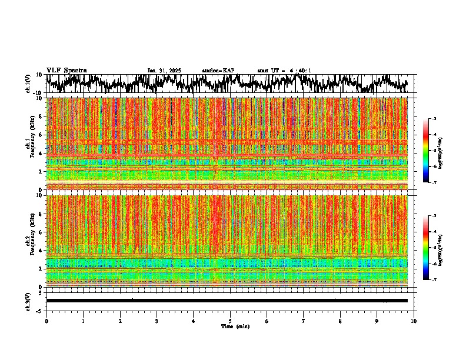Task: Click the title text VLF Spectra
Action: pos(66,70)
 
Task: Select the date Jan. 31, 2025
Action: pos(164,71)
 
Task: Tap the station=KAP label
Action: pos(218,71)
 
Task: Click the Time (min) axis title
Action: pos(235,326)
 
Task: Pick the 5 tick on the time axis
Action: pos(230,321)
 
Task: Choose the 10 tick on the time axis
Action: pos(414,321)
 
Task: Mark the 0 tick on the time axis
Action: pos(46,321)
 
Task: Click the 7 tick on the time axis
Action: pos(304,321)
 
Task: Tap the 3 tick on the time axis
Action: pos(157,321)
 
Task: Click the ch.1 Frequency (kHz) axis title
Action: pos(30,144)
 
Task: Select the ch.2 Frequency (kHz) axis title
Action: pos(30,241)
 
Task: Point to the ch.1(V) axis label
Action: pos(28,84)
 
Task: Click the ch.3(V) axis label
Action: pos(28,301)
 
